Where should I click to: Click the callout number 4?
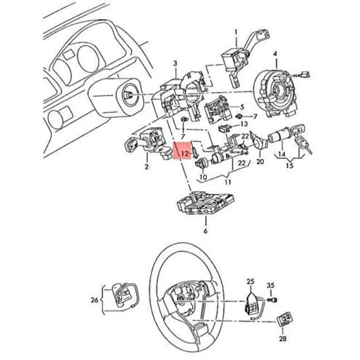[275, 55]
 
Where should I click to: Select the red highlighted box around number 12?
[183, 152]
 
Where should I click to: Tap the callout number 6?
[206, 231]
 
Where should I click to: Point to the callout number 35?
[270, 285]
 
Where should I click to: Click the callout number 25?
[250, 281]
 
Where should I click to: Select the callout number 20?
[260, 162]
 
